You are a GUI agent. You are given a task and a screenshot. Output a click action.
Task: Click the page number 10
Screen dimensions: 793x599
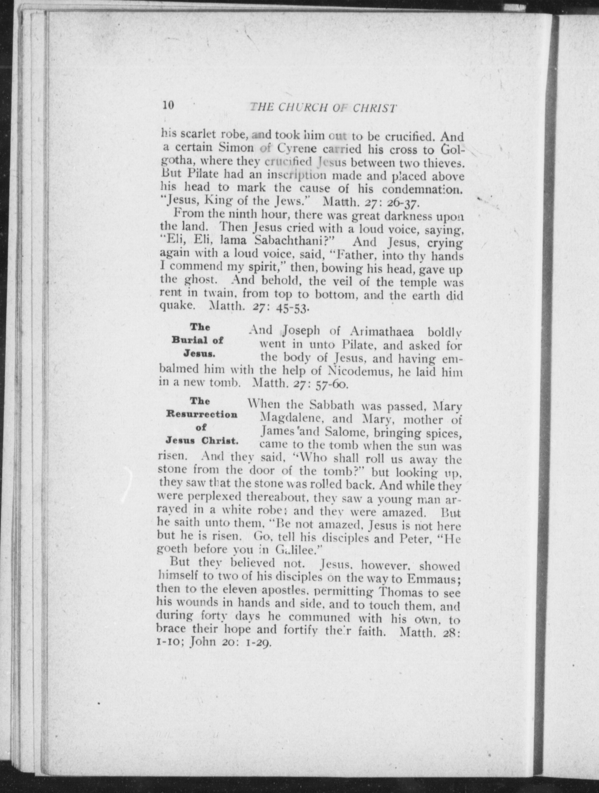pos(168,105)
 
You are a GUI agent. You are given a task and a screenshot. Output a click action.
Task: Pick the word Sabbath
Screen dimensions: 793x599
pos(332,405)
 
